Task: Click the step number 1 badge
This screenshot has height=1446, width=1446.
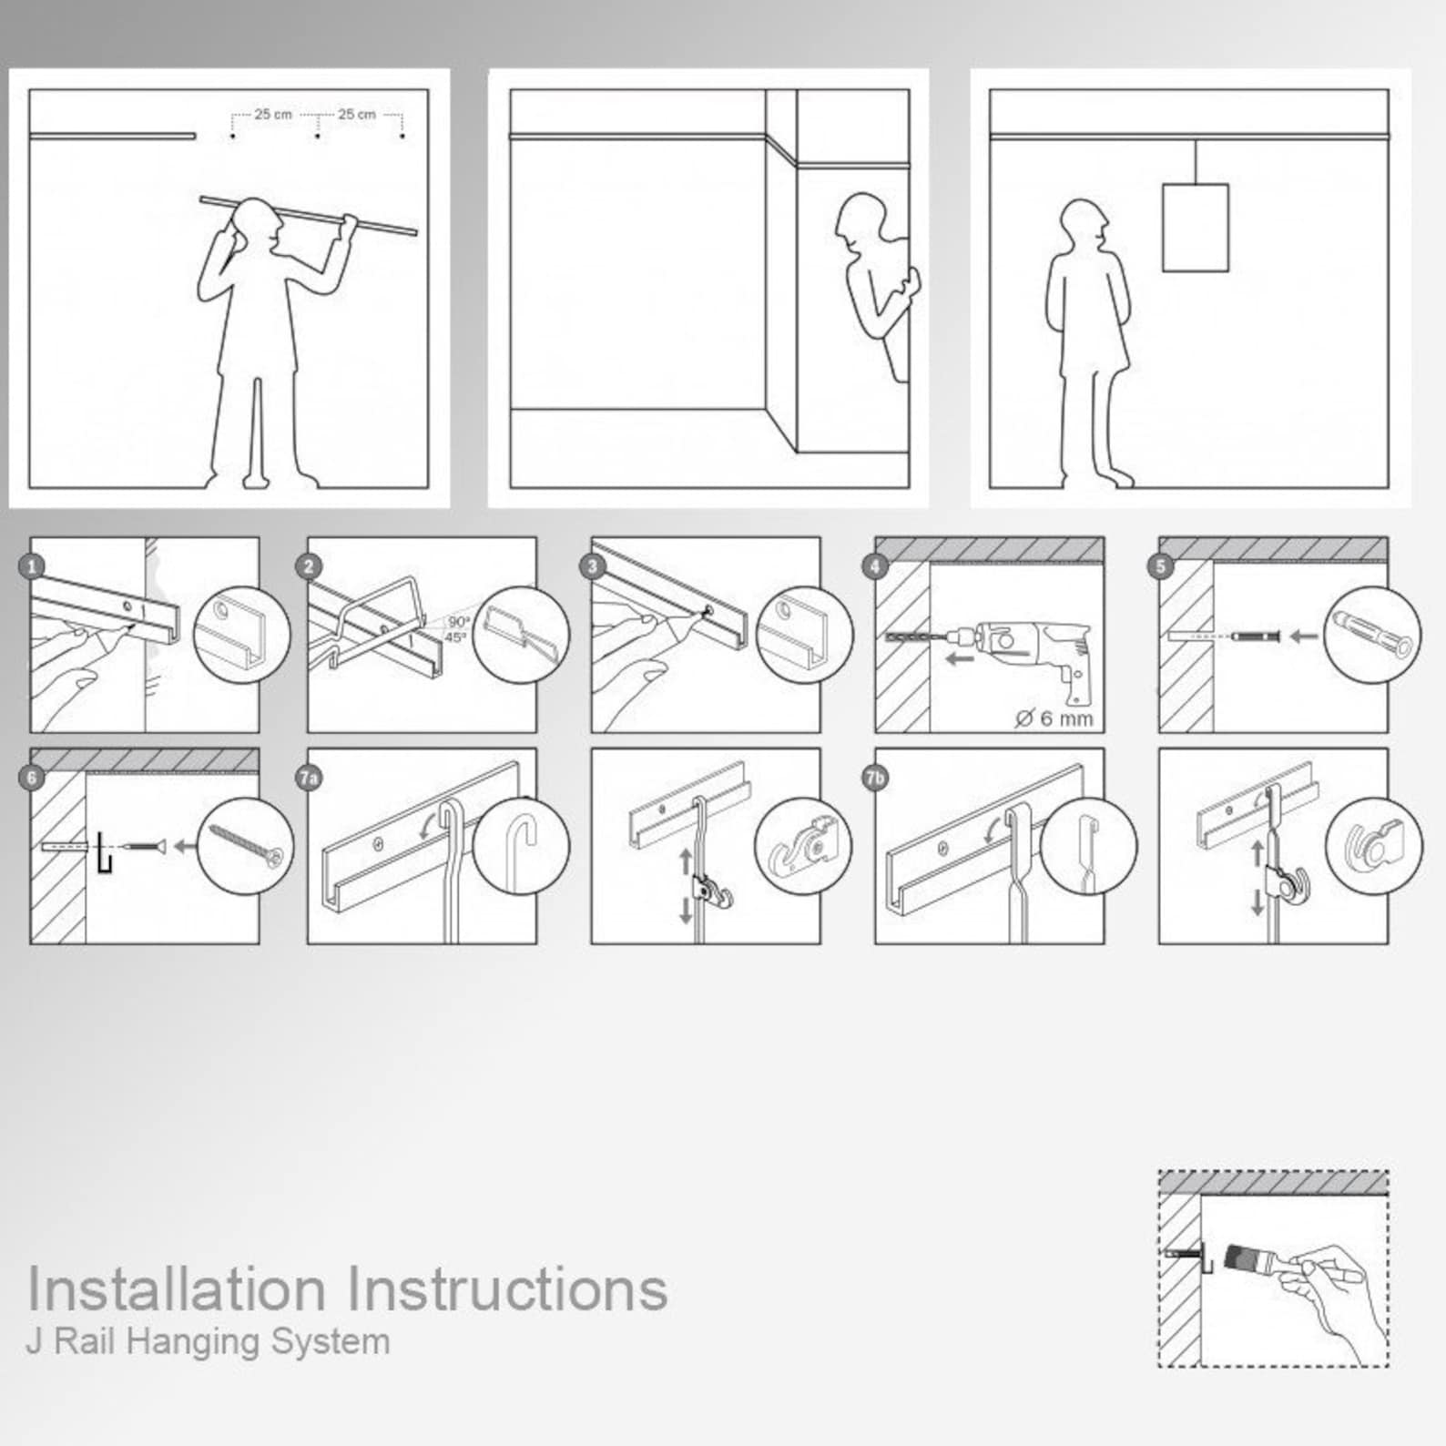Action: [x=32, y=566]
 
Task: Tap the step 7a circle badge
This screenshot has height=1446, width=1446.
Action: [x=310, y=778]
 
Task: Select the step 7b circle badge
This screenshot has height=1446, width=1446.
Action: [x=876, y=778]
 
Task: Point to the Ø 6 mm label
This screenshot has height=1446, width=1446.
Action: [x=1054, y=718]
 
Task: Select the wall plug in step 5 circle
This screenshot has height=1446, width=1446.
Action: [x=1373, y=634]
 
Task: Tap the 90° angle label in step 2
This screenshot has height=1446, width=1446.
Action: [x=458, y=623]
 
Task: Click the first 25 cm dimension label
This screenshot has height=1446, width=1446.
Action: [x=273, y=115]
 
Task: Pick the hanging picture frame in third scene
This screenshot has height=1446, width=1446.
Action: [x=1195, y=228]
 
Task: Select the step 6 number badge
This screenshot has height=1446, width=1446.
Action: [x=32, y=778]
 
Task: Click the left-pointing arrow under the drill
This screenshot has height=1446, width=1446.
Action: [x=959, y=658]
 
